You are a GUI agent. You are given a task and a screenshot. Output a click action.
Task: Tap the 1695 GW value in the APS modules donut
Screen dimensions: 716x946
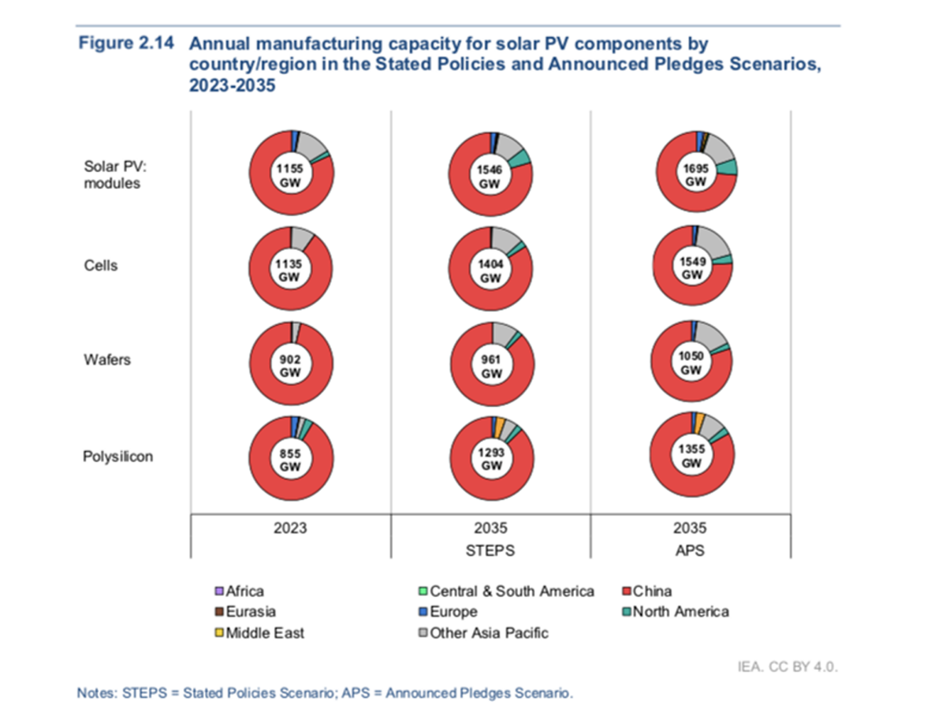click(695, 175)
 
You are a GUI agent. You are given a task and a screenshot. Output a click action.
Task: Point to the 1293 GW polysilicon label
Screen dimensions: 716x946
click(492, 459)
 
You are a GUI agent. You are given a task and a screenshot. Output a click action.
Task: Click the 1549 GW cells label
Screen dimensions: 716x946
click(692, 268)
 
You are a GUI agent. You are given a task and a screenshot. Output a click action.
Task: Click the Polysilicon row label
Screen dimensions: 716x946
click(118, 457)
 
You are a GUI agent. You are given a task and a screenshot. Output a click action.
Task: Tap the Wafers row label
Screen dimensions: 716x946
click(107, 360)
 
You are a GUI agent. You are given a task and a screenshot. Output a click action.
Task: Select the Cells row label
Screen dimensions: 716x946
click(101, 266)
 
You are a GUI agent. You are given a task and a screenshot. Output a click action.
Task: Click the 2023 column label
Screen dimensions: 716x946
click(291, 528)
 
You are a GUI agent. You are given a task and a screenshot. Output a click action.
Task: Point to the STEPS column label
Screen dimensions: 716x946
click(492, 550)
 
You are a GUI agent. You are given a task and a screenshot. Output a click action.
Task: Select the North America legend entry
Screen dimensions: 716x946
click(680, 611)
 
